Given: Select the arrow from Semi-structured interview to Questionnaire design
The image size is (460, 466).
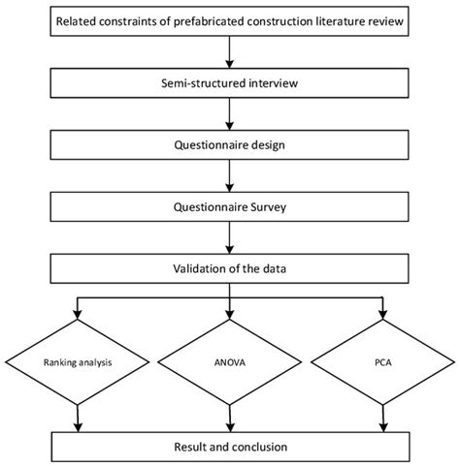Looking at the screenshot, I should pyautogui.click(x=230, y=112).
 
